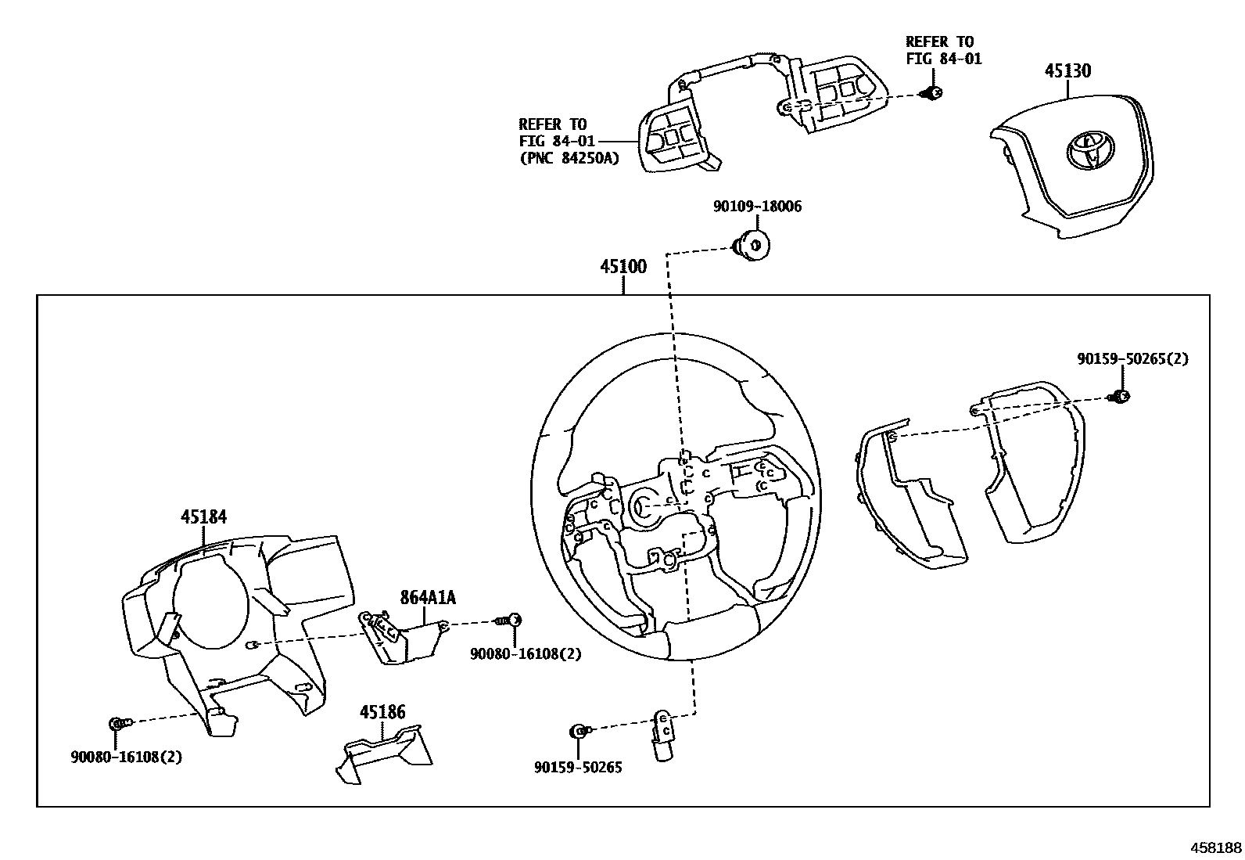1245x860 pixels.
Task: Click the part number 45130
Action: click(1067, 71)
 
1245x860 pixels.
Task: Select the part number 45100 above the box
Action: click(623, 267)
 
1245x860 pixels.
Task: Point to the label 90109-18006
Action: click(757, 207)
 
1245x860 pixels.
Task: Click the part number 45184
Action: click(203, 516)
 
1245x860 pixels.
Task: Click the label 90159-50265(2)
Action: click(1132, 358)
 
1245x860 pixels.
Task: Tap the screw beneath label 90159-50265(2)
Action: click(1120, 397)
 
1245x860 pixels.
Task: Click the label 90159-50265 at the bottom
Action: click(578, 768)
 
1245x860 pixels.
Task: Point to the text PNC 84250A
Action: click(569, 158)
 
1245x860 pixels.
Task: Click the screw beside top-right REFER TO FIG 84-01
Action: click(932, 93)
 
